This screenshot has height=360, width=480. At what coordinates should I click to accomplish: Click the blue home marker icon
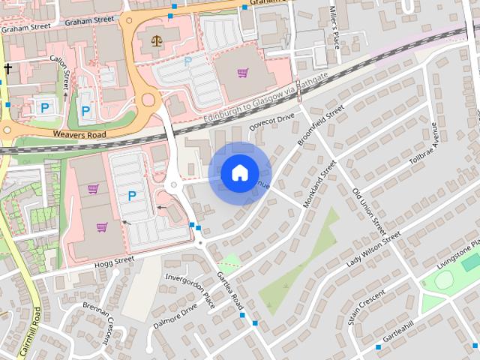(238, 173)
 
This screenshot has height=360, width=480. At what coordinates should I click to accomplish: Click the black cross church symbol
(8, 69)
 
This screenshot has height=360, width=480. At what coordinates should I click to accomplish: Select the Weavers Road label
(79, 133)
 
